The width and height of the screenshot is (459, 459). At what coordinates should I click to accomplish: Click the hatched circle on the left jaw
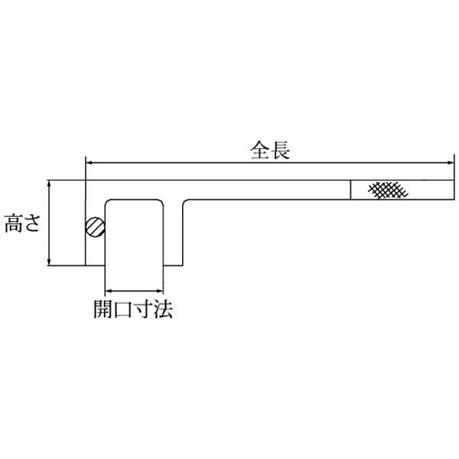pos(94,227)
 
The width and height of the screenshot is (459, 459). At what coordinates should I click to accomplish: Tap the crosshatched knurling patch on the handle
pos(386,190)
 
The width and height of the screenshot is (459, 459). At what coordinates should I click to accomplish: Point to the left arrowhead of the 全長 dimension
pos(88,162)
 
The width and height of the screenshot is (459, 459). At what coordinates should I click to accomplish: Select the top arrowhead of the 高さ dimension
pos(50,184)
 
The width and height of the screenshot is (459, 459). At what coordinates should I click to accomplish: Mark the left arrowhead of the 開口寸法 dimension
pos(108,291)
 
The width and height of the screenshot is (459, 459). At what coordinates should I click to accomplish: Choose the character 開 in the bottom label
pos(103,310)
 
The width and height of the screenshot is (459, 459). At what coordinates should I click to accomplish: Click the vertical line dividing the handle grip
pos(351,190)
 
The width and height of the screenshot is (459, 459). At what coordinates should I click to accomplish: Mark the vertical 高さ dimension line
pos(50,223)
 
